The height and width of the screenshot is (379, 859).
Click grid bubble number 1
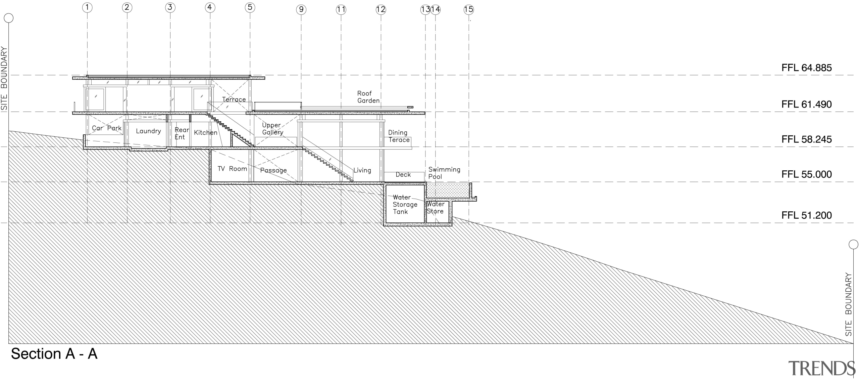pos(87,8)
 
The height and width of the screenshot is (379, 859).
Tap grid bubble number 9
pos(301,10)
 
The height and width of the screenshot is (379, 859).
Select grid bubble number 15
pos(468,10)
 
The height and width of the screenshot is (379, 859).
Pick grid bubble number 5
pos(250,8)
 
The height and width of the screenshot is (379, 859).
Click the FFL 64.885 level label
pos(806,68)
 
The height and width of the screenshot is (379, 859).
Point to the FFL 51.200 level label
pos(806,215)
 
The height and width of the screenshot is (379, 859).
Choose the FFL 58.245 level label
pos(806,139)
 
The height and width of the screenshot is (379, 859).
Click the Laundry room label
pos(148,131)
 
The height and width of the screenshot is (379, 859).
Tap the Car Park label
pos(107,128)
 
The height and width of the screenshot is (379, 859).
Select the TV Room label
pos(232,169)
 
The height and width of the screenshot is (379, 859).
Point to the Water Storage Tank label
pos(405,205)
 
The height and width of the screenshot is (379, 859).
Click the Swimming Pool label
pos(444,173)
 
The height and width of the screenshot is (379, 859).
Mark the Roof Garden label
pos(368,97)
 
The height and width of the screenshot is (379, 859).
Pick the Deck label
pos(403,175)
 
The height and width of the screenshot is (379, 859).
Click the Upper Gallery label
pos(272,129)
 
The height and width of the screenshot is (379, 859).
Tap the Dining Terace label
pos(399,136)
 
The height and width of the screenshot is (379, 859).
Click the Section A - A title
pos(54,354)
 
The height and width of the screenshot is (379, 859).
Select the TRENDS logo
pos(821,368)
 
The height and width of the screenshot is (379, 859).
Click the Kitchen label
pos(205,133)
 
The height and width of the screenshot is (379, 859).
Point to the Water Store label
pos(435,208)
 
